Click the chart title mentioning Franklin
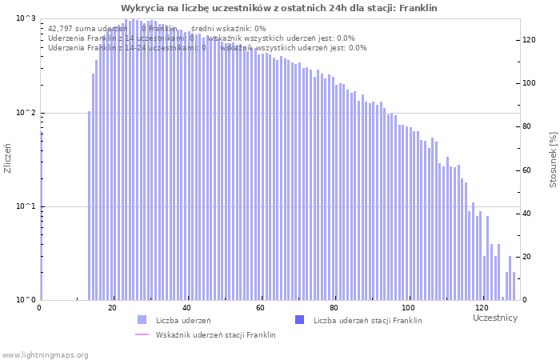[279, 8]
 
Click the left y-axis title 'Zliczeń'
[8, 158]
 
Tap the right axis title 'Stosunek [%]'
[553, 161]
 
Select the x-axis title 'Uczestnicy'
[495, 318]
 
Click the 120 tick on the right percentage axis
[529, 39]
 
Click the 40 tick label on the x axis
[186, 308]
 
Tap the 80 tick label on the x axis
[334, 308]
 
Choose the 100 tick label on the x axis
[408, 308]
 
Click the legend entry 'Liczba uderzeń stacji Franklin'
[367, 321]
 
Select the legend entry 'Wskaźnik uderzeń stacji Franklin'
[215, 335]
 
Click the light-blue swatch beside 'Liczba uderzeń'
[142, 320]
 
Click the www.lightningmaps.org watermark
[45, 354]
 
